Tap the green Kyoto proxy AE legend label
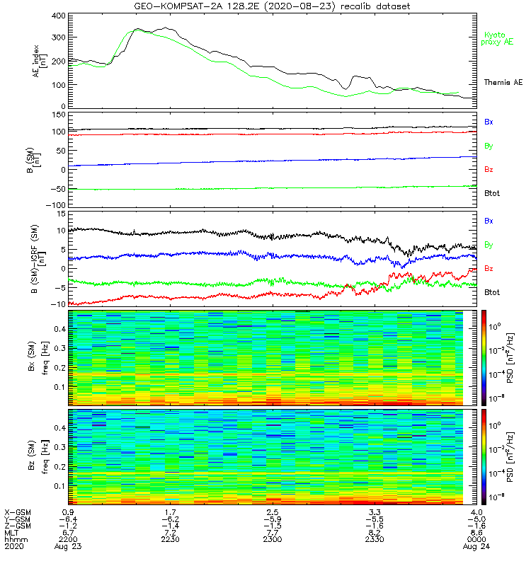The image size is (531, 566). (x=499, y=38)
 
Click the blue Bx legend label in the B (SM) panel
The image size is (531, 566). (x=489, y=122)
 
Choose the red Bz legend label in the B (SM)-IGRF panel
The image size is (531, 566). (x=489, y=268)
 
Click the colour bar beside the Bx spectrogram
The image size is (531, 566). (x=485, y=357)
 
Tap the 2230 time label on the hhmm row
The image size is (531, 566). (x=170, y=540)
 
